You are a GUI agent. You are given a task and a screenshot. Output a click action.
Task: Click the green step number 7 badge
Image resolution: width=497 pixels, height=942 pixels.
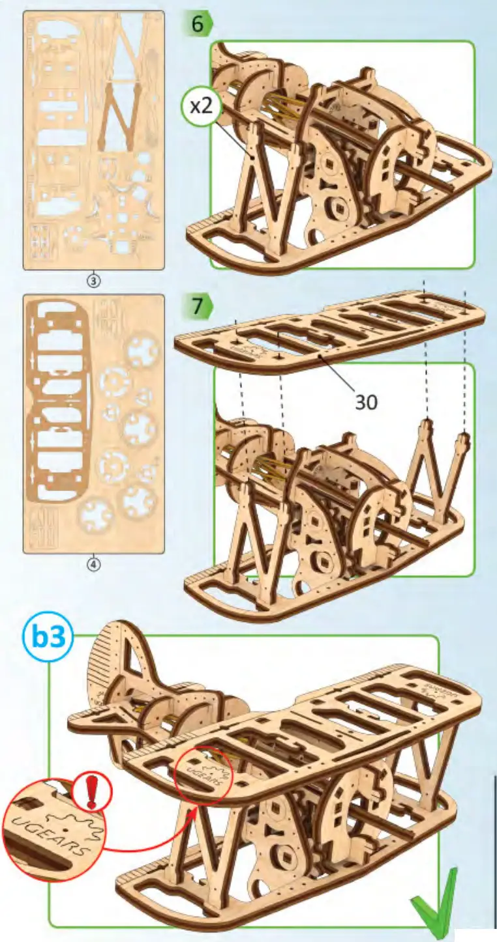click(x=198, y=306)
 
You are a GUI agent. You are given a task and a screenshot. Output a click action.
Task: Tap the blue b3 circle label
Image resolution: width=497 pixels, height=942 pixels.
click(x=49, y=638)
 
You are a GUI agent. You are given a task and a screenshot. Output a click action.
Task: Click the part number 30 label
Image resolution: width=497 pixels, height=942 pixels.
click(x=366, y=403)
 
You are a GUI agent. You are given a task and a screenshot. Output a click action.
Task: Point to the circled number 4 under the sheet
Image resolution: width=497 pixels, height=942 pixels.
click(x=93, y=565)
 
